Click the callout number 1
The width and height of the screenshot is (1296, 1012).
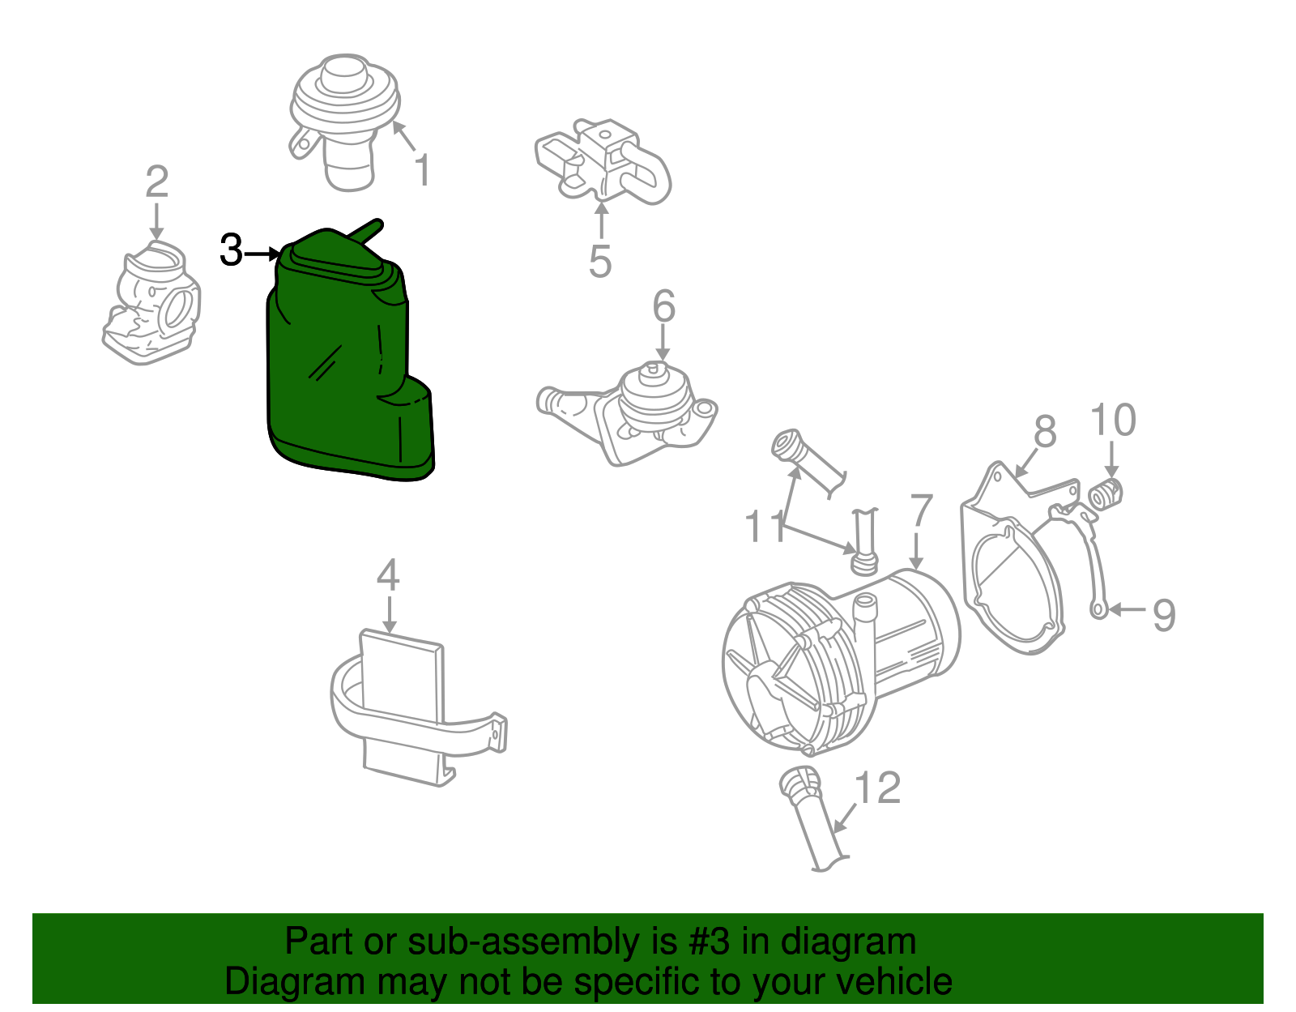(x=422, y=171)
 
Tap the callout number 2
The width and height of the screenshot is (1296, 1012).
(x=156, y=182)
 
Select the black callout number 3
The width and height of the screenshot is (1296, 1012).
(x=231, y=251)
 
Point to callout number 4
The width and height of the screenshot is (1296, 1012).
(x=388, y=575)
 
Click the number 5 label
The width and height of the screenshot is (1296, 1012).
(x=599, y=262)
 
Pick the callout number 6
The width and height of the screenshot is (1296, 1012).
(x=663, y=307)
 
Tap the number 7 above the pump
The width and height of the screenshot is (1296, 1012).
(x=921, y=512)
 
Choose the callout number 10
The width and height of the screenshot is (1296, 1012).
(x=1113, y=421)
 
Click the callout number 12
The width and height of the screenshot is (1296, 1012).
(x=878, y=788)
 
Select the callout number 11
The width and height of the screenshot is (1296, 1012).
(x=765, y=527)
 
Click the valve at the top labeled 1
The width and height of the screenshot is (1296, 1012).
(x=344, y=113)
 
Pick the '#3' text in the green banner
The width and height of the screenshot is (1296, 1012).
(x=710, y=942)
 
